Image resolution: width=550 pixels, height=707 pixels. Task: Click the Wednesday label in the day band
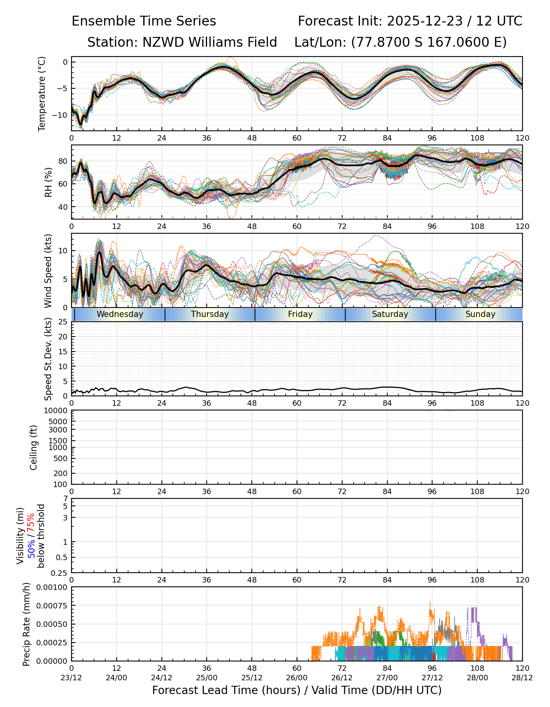point(120,314)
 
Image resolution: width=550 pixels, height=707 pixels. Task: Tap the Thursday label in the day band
point(210,314)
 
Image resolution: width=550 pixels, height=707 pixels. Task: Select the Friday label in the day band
point(300,314)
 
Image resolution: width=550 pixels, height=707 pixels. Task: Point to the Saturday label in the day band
point(390,314)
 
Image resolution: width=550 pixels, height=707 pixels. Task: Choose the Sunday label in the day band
point(480,314)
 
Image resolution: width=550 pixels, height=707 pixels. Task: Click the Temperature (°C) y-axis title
point(42,93)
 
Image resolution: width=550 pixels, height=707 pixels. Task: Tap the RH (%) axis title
point(48,182)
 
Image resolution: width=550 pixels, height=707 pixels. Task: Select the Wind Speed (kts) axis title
point(48,271)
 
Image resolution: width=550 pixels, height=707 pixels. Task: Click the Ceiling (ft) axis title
point(34,447)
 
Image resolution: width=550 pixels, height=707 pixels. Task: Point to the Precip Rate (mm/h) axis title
point(26,624)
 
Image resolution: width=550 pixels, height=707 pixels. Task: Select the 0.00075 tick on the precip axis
point(52,606)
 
